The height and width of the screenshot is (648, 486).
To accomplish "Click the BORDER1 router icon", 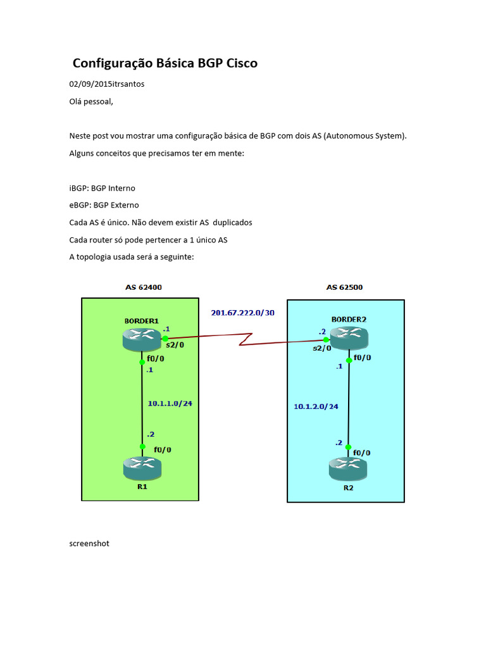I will [x=142, y=339].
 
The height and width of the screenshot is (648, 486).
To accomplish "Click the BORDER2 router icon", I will [x=349, y=339].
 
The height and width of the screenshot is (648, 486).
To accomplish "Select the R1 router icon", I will [x=142, y=468].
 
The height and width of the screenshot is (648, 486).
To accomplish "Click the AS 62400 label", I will [x=143, y=287].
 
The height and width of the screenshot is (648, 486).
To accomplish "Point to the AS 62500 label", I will [x=345, y=287].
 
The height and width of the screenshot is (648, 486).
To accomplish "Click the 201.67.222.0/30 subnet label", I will [x=243, y=313].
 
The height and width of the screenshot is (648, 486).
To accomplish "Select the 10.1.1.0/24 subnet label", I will [x=170, y=402].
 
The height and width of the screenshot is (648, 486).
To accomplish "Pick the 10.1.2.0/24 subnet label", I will [x=316, y=406].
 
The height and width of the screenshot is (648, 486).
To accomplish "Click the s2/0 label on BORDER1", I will [x=175, y=345].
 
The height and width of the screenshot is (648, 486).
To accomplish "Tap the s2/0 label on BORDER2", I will [x=321, y=347].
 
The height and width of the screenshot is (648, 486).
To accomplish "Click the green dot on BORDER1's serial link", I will [x=165, y=339].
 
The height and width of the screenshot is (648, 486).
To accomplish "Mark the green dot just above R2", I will [x=349, y=447].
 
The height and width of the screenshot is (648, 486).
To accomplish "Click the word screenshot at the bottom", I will [x=89, y=543].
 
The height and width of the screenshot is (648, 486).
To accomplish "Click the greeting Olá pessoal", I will [x=91, y=101].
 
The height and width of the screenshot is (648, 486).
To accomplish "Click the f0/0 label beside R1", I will [x=163, y=450].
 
